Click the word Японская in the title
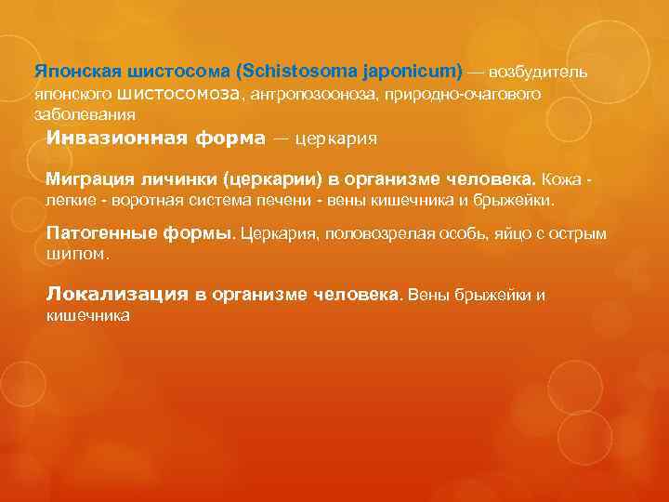coord(71,72)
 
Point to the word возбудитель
coord(538,72)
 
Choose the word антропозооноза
coord(303,94)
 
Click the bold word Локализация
coord(118,295)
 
